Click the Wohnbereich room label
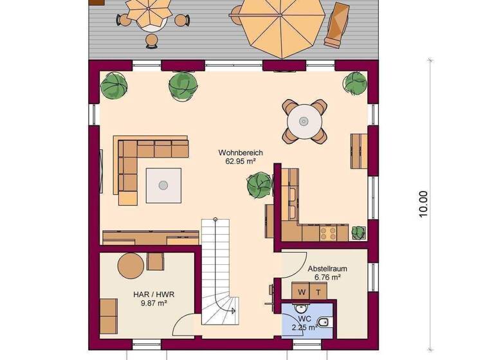241,152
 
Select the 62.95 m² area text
241,161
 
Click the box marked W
302,292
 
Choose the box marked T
318,292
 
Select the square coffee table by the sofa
163,185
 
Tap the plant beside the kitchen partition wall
259,186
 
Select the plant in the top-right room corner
354,83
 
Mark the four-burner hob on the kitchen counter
328,231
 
